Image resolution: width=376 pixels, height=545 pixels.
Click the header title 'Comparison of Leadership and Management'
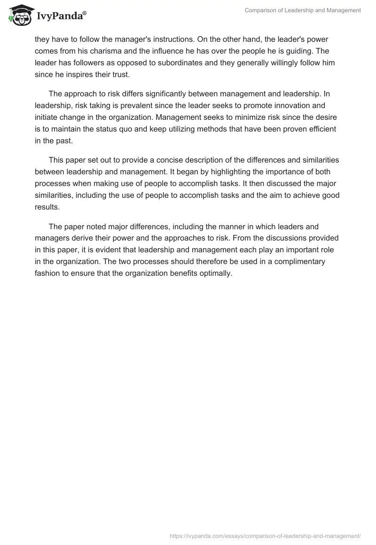(303, 10)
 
